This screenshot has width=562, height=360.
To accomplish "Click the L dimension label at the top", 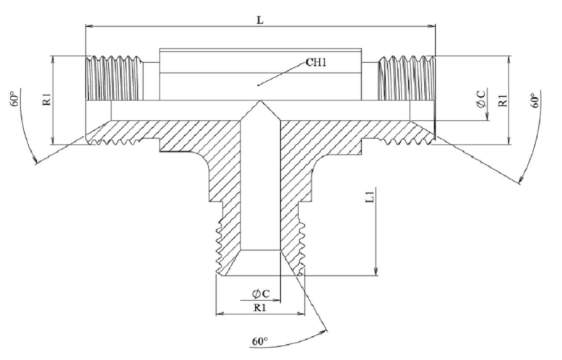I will (260, 20).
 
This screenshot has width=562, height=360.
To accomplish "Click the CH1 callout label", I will (316, 63).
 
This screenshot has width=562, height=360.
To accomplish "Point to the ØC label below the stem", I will (261, 293).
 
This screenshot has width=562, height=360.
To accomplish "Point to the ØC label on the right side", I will (482, 100).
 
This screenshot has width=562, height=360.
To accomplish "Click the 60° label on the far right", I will (535, 100).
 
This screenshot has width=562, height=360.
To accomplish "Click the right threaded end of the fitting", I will (407, 77).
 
